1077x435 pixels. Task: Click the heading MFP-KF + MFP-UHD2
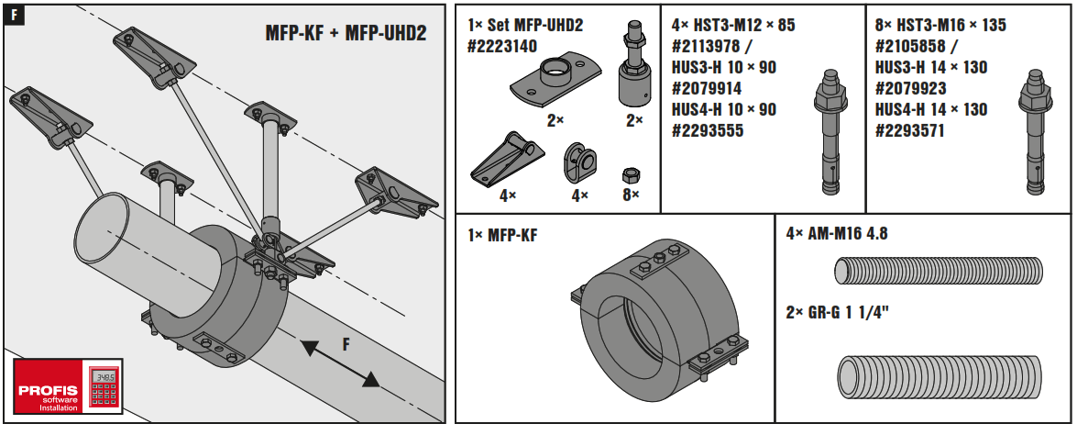346,34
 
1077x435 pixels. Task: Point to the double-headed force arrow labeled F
340,363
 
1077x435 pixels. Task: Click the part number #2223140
502,46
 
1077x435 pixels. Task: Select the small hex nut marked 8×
630,174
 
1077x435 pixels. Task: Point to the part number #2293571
909,130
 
